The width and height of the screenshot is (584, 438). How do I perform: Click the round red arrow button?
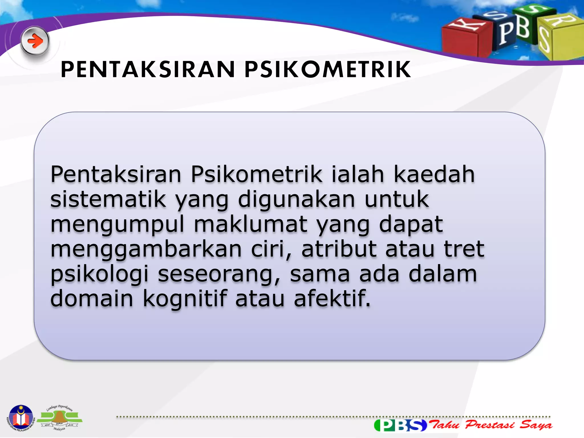coord(35,41)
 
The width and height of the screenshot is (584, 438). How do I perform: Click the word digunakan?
coord(297,200)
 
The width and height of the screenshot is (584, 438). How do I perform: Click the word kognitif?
coord(185,299)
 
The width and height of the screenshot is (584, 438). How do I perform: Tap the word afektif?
coord(332,299)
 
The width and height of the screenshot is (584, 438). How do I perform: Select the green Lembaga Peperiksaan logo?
coord(59,418)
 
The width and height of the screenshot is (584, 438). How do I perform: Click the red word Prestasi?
coord(490,425)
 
